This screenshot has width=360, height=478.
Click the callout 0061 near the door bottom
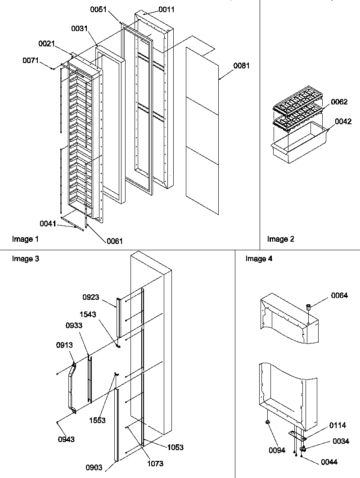click(x=114, y=241)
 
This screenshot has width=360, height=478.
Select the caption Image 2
click(x=280, y=239)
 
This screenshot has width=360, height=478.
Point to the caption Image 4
click(x=259, y=258)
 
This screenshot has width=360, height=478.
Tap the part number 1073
click(x=154, y=464)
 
